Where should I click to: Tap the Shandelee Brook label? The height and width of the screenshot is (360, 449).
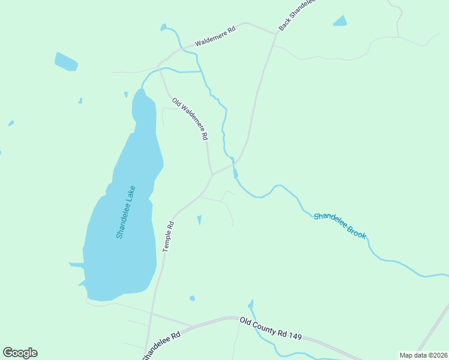pos(340,224)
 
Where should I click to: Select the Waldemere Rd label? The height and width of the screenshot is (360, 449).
pos(214,37)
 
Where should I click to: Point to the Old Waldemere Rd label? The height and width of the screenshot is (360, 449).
pos(190,119)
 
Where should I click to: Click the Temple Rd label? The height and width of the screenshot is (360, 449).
pos(169,236)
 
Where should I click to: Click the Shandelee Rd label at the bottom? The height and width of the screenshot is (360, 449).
pos(161,347)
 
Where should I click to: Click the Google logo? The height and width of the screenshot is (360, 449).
pos(20,353)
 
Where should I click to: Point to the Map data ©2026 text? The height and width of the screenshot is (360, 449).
pos(423,355)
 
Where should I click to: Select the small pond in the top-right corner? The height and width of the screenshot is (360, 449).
pos(340,22)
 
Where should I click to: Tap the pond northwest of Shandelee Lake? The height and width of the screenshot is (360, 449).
pos(66,62)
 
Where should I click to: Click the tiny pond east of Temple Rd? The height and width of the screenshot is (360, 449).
pos(199,220)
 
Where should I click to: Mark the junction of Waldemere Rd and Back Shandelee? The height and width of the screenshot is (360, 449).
pos(276,34)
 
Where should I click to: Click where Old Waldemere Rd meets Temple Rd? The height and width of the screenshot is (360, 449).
pos(211,175)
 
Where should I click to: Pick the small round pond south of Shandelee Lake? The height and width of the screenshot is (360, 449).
pos(192,298)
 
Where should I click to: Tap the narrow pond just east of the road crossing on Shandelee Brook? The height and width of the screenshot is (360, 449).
pos(235,173)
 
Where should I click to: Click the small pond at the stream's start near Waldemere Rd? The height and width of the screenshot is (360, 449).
pos(163,27)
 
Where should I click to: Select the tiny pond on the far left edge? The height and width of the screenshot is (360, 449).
pos(11,124)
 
